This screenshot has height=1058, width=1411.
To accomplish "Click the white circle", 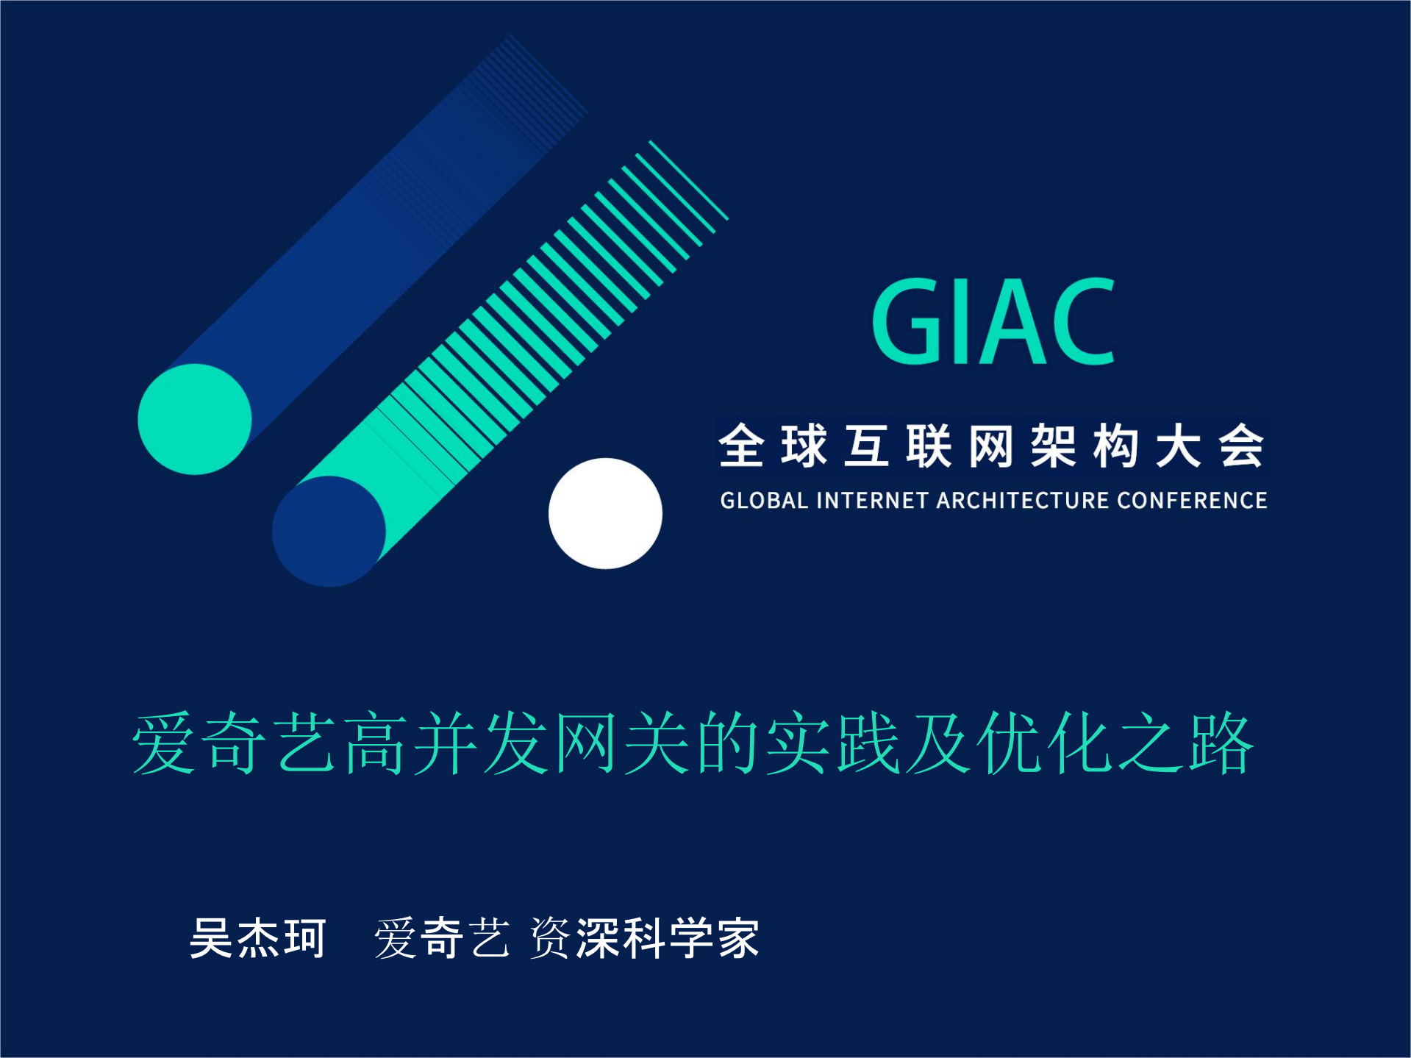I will [605, 513].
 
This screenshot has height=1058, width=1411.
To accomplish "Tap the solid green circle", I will [195, 419].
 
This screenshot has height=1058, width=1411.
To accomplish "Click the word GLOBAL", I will [764, 501].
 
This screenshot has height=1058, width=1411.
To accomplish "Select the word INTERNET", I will [872, 501].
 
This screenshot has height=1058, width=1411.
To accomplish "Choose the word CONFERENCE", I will [1192, 501].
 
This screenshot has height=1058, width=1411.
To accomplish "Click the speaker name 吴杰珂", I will [257, 938].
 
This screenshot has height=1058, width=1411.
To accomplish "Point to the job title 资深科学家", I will [644, 938].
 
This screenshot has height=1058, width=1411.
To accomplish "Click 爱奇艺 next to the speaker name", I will [442, 938].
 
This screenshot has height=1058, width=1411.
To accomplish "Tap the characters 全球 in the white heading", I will [773, 446].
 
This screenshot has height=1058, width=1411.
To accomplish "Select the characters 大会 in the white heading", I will [1210, 446].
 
